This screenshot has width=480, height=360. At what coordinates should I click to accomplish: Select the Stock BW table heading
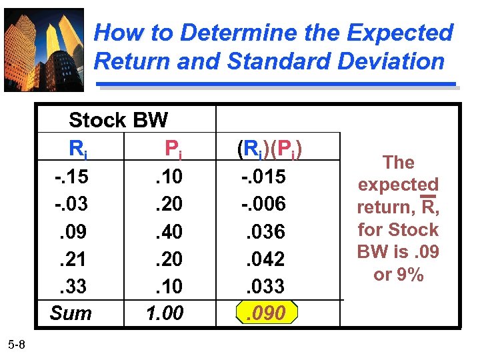[118, 121]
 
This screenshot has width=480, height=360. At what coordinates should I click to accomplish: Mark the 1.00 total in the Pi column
[165, 313]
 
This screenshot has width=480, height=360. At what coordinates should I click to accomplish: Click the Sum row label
[71, 313]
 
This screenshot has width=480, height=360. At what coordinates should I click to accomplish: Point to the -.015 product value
[263, 177]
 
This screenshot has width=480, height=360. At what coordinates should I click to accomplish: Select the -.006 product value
[263, 204]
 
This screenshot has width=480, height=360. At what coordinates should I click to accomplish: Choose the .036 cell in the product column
[267, 231]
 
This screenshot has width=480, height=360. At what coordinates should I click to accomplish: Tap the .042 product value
[267, 258]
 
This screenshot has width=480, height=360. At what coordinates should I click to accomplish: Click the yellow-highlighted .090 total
[267, 313]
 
